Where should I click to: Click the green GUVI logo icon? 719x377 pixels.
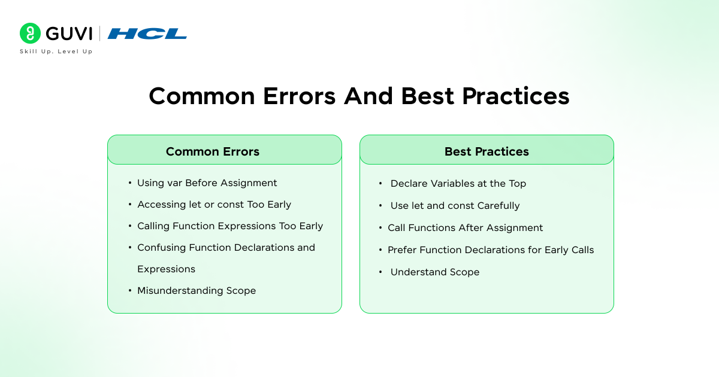coord(30,34)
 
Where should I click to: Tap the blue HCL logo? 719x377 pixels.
coord(147,34)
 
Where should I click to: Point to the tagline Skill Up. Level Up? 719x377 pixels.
coord(56,51)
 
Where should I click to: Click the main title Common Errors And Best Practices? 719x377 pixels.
coord(359,96)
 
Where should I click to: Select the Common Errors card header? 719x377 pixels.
coord(213,151)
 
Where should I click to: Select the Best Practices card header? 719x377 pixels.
coord(487,151)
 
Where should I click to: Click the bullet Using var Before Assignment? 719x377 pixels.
coord(207,183)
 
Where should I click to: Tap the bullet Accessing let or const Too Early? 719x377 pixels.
coord(214,205)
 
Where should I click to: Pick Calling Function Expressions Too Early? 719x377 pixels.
coord(230,226)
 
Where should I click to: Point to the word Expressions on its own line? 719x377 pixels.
coord(166,269)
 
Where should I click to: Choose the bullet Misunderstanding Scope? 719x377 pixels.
coord(197,291)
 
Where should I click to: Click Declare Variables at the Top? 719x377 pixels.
coord(458,184)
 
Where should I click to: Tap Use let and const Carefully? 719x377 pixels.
coord(455,206)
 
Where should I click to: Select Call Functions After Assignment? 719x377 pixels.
coord(465,228)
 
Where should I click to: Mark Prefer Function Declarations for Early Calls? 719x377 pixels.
coord(491,250)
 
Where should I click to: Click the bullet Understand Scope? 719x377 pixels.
coord(434,272)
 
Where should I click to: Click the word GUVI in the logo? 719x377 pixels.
coord(69,34)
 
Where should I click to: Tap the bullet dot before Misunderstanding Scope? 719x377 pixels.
coord(130,291)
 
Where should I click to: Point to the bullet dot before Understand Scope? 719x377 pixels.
coord(380,272)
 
